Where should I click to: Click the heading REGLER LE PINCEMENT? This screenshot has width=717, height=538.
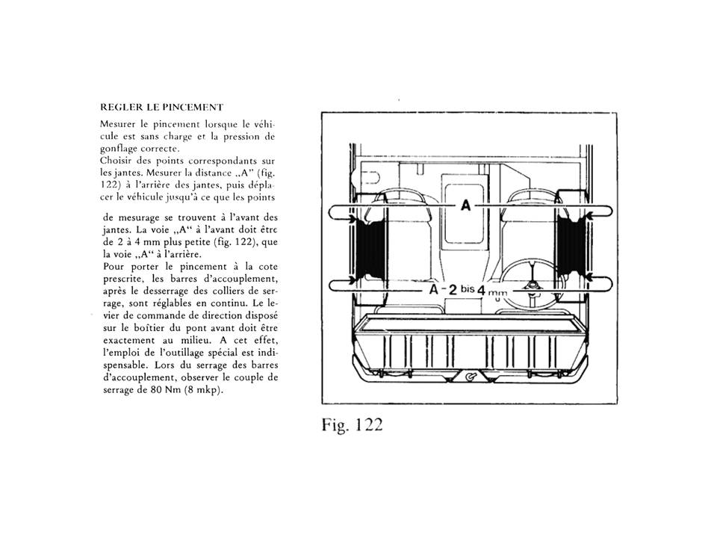(162, 108)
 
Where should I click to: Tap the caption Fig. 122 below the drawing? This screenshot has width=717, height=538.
(352, 425)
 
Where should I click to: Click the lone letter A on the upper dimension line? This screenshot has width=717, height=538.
(465, 205)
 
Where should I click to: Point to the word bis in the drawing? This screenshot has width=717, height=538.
(468, 288)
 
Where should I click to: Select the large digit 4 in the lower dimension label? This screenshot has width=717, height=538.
(480, 290)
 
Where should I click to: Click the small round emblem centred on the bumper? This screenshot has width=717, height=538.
(470, 377)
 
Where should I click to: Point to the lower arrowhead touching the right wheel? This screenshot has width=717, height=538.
(590, 276)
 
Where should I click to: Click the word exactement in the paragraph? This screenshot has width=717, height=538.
(129, 341)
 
